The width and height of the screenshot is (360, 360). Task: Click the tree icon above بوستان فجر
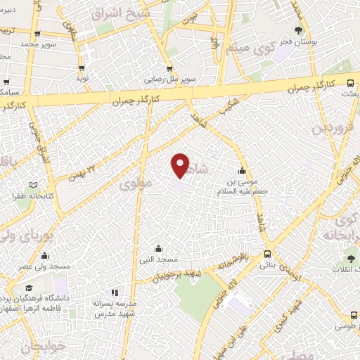pyautogui.click(x=299, y=30)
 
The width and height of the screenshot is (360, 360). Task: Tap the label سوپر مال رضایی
pyautogui.click(x=165, y=79)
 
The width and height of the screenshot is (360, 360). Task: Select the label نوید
pyautogui.click(x=83, y=79)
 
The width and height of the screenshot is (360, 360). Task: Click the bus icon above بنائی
pyautogui.click(x=267, y=254)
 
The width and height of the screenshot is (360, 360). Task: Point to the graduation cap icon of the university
pyautogui.click(x=29, y=288)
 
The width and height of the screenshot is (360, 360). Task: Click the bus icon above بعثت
pyautogui.click(x=351, y=82)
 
